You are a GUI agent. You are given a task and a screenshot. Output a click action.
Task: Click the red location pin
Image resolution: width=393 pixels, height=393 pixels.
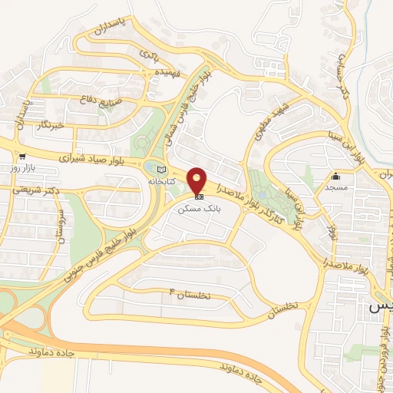tap(198, 180)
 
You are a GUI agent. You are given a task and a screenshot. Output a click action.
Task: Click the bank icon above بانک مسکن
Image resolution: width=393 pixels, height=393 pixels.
tap(199, 196)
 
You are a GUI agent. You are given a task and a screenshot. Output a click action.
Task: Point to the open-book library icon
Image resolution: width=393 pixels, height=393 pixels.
tap(160, 170)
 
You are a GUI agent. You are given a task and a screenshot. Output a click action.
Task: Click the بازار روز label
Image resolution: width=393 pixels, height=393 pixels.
tap(14, 166)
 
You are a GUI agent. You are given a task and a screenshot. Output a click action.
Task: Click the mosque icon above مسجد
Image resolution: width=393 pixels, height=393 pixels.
tap(335, 176)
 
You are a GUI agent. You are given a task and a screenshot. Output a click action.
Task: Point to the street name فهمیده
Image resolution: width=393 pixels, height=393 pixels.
tap(149, 73)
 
